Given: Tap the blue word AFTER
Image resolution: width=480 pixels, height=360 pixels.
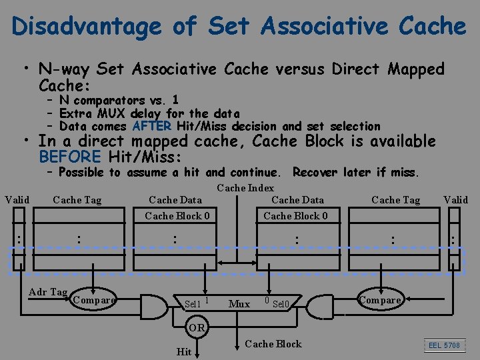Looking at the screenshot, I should coord(152,125).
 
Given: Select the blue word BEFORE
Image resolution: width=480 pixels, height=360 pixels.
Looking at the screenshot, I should coord(70,157).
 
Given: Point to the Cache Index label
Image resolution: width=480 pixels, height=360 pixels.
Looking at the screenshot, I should coord(245,189).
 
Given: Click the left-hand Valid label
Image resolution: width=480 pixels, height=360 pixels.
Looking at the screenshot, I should coord(17,199).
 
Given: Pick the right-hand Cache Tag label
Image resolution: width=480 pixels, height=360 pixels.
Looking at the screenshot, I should coord(395,199).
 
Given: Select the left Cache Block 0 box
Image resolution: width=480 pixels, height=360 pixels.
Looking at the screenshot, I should coord(177,215).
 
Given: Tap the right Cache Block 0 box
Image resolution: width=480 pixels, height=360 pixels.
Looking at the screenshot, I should coord(295,215).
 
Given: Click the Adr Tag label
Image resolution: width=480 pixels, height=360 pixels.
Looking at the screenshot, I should coord(47,292).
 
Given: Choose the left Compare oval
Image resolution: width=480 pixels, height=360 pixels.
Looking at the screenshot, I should coord(93,300).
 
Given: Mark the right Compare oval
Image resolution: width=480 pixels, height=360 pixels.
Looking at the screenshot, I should coord(381,300).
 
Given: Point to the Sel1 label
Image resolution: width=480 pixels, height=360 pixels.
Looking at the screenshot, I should coord(193,305).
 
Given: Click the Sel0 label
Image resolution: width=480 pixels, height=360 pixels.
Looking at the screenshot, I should coord(282,305).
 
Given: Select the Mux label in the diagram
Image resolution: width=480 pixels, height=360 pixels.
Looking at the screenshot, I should coord(239,304).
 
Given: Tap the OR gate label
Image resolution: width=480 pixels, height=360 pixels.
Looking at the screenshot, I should coord(197,328).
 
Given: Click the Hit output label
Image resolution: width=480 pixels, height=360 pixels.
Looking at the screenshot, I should coord(183,351).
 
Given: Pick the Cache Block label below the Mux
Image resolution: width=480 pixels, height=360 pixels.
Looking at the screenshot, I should coord(273,344).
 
